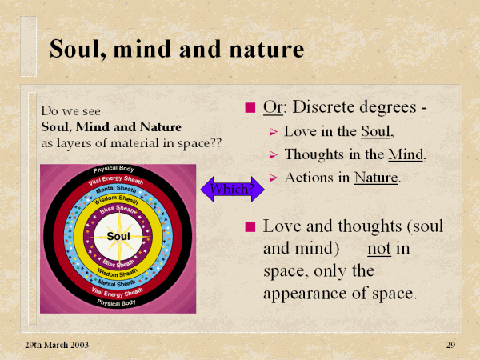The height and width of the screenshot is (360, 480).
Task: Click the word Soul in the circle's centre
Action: tap(118, 236)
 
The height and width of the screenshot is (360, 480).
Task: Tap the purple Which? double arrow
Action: tap(232, 189)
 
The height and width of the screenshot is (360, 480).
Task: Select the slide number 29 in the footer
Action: tap(450, 345)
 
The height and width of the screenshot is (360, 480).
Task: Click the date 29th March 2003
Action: tap(57, 345)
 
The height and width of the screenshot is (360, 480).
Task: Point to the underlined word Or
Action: tap(273, 107)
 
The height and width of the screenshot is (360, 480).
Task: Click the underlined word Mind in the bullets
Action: tap(406, 154)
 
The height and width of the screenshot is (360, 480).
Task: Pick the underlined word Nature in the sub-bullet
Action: tap(376, 178)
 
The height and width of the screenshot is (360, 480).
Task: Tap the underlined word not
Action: tap(379, 249)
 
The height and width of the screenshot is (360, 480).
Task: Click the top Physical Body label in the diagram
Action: tap(114, 169)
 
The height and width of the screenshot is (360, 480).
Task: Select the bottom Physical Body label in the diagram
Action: tap(116, 302)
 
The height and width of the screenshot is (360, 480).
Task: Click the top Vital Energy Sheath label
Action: tap(116, 180)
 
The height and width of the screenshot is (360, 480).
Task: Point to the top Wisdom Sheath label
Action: tap(116, 199)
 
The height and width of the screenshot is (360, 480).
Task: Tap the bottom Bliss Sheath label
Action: tap(118, 263)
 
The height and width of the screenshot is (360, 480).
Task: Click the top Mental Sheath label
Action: tap(116, 190)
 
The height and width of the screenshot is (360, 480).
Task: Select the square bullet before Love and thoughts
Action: tap(250, 227)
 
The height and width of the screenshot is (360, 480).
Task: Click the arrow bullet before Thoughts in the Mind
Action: tap(273, 155)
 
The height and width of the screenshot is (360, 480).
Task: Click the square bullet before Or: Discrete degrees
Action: tap(250, 108)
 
